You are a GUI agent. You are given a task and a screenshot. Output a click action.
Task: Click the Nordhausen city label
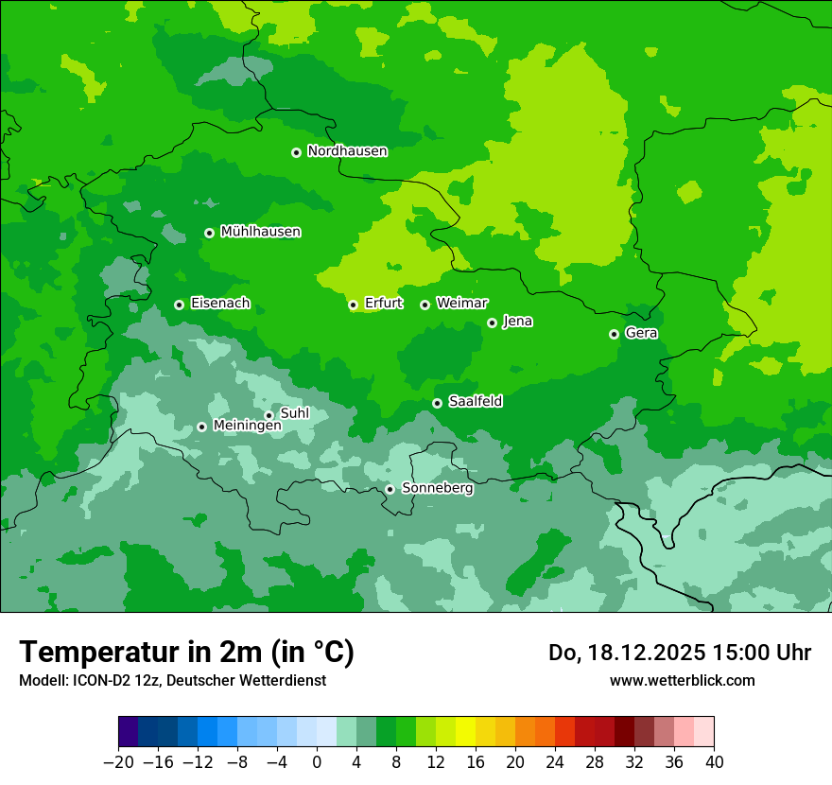click(347, 151)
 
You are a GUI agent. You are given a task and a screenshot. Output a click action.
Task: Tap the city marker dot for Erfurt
click(353, 305)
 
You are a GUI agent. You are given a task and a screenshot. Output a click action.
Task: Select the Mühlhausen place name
click(260, 232)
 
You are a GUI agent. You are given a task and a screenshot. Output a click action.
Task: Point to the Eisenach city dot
click(179, 305)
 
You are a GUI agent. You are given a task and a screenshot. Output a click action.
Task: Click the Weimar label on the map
click(461, 304)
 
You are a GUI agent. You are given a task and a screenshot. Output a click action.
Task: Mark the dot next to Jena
click(492, 323)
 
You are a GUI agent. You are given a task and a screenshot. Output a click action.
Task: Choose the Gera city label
click(641, 333)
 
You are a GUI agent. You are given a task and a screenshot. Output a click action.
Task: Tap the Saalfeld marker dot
click(437, 403)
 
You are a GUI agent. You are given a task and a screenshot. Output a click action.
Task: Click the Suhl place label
click(295, 413)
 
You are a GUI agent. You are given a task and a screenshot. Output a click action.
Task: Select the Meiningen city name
click(247, 427)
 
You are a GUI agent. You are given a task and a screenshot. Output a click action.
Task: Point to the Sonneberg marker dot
click(390, 489)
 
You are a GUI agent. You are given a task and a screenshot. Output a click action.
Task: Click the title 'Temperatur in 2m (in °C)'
click(186, 653)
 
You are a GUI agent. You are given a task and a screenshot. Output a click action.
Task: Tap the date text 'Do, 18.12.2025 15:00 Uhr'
click(680, 653)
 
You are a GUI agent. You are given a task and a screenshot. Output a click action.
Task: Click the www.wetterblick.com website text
click(682, 680)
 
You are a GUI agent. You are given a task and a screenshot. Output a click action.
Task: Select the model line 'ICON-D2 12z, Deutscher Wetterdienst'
click(172, 680)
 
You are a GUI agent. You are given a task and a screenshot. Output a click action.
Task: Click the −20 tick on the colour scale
click(119, 761)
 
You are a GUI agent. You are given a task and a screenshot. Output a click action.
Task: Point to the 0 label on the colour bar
click(317, 761)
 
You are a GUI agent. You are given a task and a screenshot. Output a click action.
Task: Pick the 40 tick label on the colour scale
click(714, 761)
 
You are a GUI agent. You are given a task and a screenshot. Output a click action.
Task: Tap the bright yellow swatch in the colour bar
click(465, 732)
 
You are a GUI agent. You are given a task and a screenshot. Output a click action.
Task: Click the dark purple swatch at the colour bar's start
click(129, 732)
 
